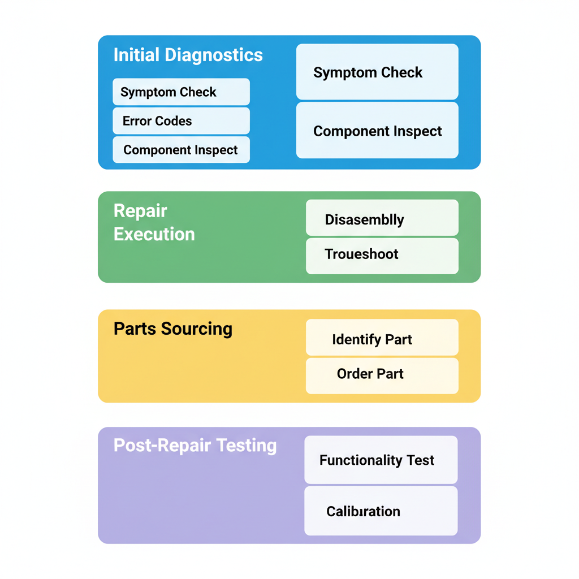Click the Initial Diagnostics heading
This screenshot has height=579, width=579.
[188, 55]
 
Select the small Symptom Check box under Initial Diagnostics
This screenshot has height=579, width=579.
[181, 92]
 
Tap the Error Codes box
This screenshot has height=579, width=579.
[181, 121]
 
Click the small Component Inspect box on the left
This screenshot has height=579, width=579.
[181, 150]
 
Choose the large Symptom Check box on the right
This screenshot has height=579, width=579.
[377, 72]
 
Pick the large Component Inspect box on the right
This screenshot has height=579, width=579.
[377, 131]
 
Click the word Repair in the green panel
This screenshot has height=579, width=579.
[140, 211]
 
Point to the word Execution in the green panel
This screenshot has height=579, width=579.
[154, 234]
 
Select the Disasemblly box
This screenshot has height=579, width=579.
[382, 219]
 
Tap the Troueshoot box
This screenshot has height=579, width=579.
[382, 254]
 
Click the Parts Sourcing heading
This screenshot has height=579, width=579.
[172, 329]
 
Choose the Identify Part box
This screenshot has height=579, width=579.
[382, 339]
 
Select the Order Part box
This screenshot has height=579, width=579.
[382, 374]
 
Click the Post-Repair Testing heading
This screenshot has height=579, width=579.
[195, 446]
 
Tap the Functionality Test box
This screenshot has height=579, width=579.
[381, 460]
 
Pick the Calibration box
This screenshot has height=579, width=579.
[381, 511]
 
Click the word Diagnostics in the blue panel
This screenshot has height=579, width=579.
[213, 55]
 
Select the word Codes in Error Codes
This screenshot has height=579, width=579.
[175, 121]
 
